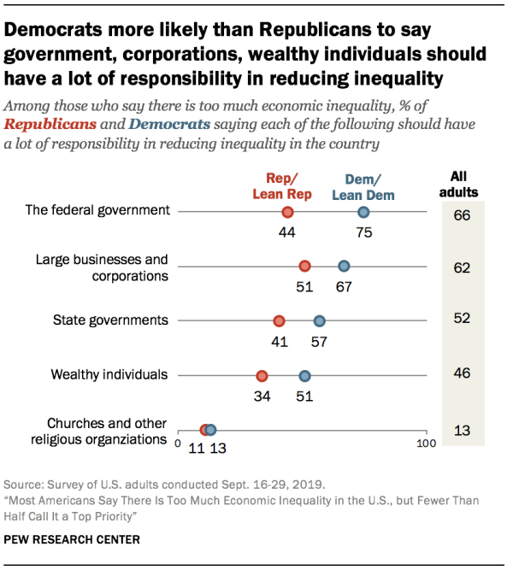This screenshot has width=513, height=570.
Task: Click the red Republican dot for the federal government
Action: [287, 213]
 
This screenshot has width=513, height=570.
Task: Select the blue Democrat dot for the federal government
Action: [363, 213]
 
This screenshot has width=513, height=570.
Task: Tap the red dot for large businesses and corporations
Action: [304, 267]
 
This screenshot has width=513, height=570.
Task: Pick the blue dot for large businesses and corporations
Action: [344, 267]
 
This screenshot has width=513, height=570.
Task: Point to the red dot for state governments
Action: [279, 321]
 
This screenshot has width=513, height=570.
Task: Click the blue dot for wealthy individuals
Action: [304, 376]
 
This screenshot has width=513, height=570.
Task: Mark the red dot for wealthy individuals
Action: [262, 376]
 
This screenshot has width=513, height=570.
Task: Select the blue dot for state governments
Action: [319, 321]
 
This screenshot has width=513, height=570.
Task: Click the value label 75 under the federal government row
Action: [363, 232]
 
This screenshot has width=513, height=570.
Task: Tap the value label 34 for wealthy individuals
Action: [262, 395]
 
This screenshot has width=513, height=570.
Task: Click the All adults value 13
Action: [463, 430]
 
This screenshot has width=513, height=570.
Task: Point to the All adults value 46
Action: [463, 374]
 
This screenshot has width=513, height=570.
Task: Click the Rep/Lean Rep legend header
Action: [280, 186]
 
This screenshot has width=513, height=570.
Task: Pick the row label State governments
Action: [110, 320]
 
